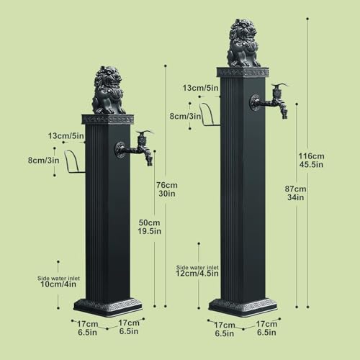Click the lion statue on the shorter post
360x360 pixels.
109,91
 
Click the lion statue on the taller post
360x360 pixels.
243,43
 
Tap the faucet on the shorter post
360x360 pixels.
135,149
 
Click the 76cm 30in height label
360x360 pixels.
167,189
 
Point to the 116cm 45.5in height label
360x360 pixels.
311,161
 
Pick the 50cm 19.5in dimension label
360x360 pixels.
149,227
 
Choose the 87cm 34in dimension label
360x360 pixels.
295,193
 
